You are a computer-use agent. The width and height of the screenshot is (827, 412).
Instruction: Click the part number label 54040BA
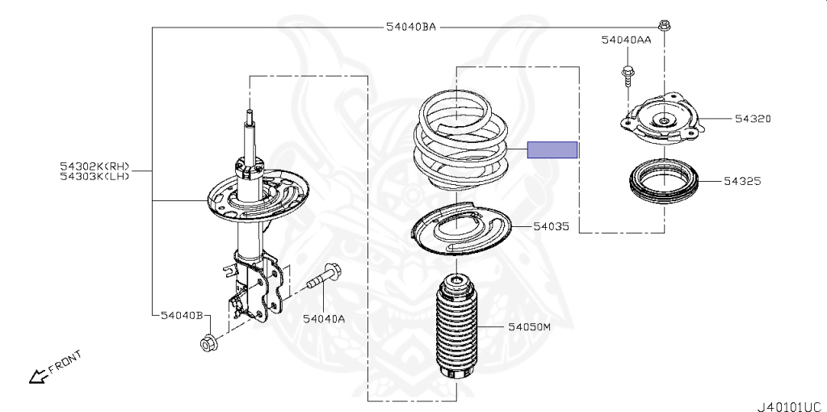coord(411,27)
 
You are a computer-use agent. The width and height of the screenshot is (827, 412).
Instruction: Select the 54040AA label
coord(626,39)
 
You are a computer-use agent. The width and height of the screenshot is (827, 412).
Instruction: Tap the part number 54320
coord(753,119)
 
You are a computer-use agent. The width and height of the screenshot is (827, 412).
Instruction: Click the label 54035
coord(551,227)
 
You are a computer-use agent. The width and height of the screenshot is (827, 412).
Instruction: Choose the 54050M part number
coord(529,327)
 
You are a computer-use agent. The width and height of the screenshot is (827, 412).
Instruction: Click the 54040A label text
coord(324,319)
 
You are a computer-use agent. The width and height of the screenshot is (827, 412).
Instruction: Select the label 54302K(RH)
coord(94,166)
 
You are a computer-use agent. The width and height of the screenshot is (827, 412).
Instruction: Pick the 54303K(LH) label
coord(94,176)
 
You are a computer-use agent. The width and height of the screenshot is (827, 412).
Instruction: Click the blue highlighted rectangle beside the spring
coord(552,149)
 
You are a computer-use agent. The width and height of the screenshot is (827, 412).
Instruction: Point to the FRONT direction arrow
coord(37,374)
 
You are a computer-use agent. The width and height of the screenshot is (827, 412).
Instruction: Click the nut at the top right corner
coord(662,26)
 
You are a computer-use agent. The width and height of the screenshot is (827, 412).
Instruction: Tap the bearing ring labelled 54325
coord(662,183)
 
